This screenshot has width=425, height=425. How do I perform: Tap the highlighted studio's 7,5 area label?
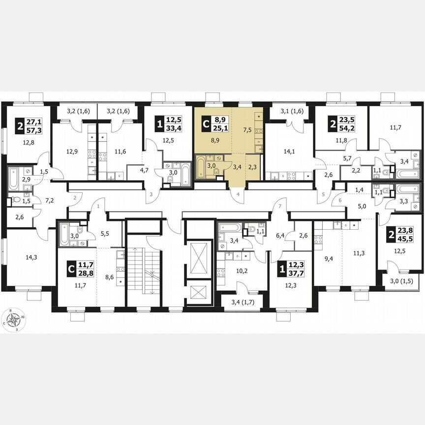[x=248, y=130]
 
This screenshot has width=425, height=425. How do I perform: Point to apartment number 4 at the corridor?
[x=238, y=195]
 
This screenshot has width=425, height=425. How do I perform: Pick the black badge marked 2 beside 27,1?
[x=20, y=126]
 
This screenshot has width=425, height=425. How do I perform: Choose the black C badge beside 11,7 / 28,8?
[x=71, y=270]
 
